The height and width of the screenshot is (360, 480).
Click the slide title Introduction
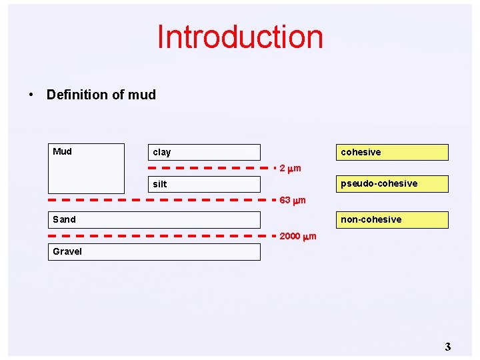tap(240, 37)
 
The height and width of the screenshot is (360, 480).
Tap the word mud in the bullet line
tap(141, 95)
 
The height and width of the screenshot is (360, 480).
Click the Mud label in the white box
tap(62, 151)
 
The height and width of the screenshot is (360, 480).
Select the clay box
tap(204, 152)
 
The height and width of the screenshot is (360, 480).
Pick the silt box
tap(204, 184)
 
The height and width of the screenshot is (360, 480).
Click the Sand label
tap(65, 219)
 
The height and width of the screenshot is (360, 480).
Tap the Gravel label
tap(67, 251)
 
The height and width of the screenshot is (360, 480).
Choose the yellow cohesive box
tap(393, 152)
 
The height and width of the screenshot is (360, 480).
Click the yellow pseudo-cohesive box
tap(393, 183)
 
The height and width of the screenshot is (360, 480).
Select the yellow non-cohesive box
tap(393, 219)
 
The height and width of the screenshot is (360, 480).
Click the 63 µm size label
tap(293, 200)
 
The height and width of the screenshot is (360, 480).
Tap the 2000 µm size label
tap(298, 237)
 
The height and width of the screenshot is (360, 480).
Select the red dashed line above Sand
tap(153, 199)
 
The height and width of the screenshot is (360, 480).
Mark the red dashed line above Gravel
tap(153, 236)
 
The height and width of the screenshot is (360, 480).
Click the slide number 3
tap(448, 346)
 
